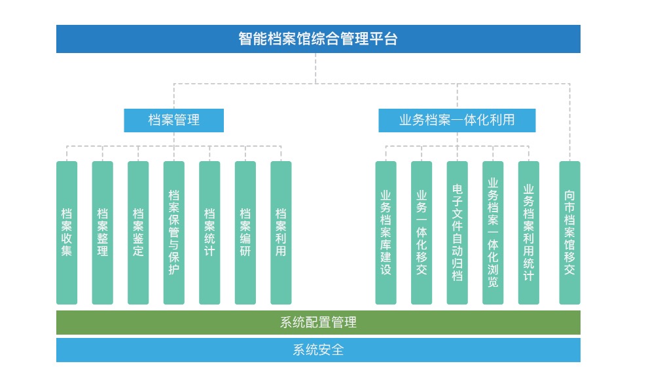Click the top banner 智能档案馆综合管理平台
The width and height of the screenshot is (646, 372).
(x=318, y=39)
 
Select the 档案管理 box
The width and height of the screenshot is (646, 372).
(x=174, y=121)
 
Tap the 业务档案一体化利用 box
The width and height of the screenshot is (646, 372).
(x=457, y=121)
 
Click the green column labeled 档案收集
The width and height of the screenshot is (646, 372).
(x=67, y=232)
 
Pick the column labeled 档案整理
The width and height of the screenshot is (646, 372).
(x=103, y=232)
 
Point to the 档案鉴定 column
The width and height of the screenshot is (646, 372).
(x=138, y=232)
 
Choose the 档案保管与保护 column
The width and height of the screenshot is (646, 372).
(x=174, y=232)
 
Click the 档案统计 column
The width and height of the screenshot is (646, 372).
(x=209, y=232)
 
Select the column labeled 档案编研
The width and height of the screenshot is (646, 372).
(x=245, y=232)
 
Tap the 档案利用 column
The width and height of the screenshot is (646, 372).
(x=281, y=232)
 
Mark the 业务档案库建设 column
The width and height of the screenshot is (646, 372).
(x=386, y=232)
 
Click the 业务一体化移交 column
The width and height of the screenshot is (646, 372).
(x=422, y=232)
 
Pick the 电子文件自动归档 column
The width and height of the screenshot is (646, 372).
(x=458, y=232)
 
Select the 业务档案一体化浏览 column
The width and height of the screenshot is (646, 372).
(x=493, y=232)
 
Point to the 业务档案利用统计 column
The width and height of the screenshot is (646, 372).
(x=529, y=232)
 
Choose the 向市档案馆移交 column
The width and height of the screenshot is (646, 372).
(x=570, y=232)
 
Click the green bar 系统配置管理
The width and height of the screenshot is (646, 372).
(x=318, y=322)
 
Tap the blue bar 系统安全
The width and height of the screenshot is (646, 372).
(x=318, y=350)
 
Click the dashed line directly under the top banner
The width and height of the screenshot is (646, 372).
(x=315, y=68)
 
